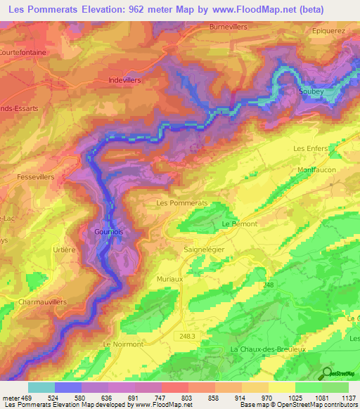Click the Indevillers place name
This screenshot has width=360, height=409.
(x=125, y=80)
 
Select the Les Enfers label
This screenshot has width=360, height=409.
(x=310, y=148)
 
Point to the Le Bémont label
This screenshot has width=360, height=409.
(x=240, y=223)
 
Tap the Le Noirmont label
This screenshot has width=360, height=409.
(x=123, y=344)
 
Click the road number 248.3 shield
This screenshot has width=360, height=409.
(x=188, y=337)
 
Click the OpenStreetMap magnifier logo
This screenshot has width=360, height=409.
(x=327, y=373)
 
